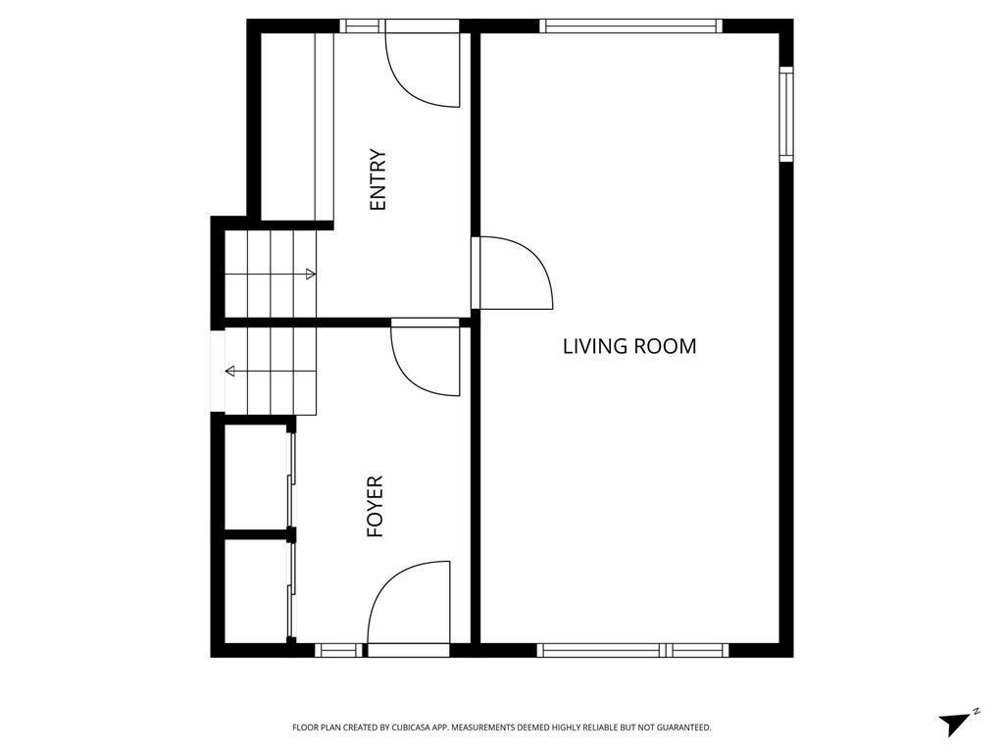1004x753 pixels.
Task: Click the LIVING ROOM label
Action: (629, 346)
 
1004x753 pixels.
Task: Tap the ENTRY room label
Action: (378, 179)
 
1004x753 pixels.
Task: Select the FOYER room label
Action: (375, 507)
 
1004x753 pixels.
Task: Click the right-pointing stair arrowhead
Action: (311, 275)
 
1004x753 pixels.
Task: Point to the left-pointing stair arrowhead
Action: (230, 371)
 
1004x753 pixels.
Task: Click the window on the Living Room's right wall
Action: (785, 113)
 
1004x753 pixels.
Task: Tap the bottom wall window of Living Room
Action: (632, 650)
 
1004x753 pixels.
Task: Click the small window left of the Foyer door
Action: (339, 650)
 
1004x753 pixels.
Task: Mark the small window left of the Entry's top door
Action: (361, 26)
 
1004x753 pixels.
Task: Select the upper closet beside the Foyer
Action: (256, 477)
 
